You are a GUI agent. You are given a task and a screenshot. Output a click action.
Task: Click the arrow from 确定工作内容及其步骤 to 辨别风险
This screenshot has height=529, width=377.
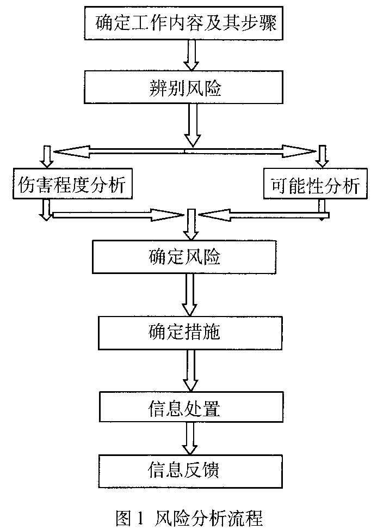coord(191,55)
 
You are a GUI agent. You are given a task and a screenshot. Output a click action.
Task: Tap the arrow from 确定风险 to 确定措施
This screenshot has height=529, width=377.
coord(190,294)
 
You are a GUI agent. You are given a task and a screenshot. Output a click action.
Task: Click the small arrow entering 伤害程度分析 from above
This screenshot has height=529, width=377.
coord(47,156)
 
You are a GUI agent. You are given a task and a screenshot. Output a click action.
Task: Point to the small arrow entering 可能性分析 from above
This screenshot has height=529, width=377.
coord(323,156)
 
